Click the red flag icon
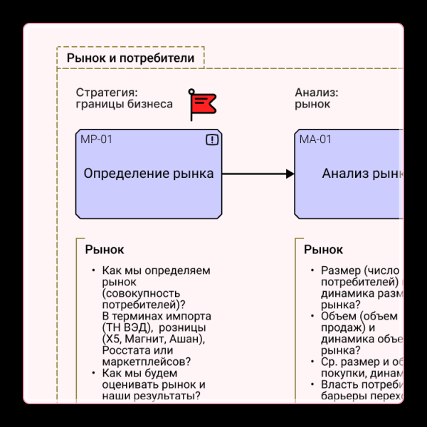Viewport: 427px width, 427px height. click(202, 105)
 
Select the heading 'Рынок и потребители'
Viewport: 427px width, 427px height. click(130, 58)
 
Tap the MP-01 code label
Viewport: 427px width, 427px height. click(96, 139)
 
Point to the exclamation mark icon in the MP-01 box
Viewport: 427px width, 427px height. click(211, 140)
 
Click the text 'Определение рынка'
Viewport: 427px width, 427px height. click(148, 173)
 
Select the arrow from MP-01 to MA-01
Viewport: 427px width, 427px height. click(257, 174)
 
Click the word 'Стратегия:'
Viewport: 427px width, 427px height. click(107, 93)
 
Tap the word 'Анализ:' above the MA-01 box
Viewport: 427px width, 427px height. click(317, 93)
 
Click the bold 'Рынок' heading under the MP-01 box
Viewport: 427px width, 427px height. click(104, 250)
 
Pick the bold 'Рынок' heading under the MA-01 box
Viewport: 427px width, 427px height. click(323, 250)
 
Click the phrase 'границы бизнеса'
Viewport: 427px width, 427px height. click(124, 104)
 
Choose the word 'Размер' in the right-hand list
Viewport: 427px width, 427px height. click(341, 270)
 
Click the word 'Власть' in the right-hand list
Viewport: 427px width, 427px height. click(339, 384)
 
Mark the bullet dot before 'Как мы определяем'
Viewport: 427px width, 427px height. click(93, 270)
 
